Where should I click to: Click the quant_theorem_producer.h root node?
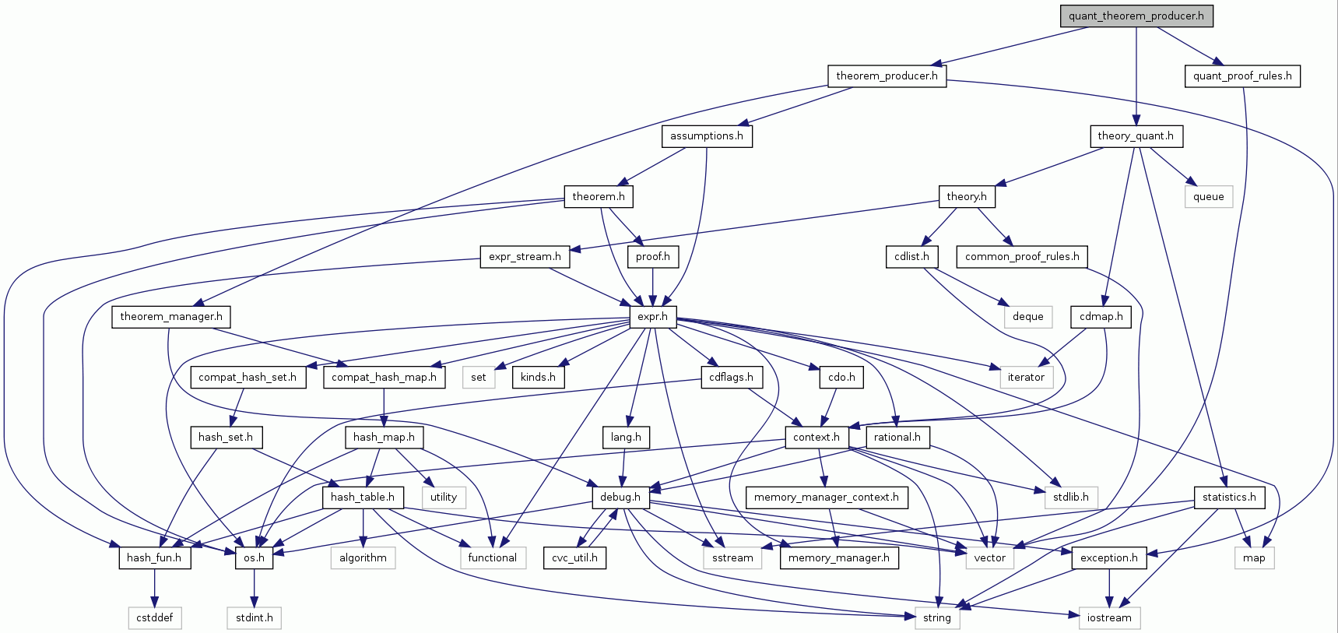click(x=1136, y=16)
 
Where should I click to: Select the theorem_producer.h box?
click(x=887, y=76)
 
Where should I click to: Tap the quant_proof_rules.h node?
click(x=1242, y=76)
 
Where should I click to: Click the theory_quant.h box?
click(x=1135, y=135)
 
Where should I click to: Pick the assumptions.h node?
click(x=706, y=135)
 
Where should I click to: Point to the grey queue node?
click(x=1208, y=196)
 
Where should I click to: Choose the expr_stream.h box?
click(x=524, y=256)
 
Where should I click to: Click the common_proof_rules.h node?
click(x=1021, y=256)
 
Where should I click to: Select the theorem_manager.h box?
click(x=170, y=316)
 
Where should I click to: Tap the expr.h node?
click(x=652, y=316)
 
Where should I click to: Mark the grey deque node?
click(x=1027, y=316)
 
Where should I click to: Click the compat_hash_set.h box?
click(x=247, y=377)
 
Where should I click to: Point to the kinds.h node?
click(x=538, y=377)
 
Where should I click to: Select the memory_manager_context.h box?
click(x=826, y=497)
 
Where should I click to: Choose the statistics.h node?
click(x=1228, y=497)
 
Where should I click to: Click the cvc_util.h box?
click(x=574, y=557)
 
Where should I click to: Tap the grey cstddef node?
click(x=155, y=617)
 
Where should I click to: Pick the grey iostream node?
click(x=1108, y=617)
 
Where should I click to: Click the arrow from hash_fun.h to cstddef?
click(x=155, y=588)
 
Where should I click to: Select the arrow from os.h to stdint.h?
click(x=254, y=588)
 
